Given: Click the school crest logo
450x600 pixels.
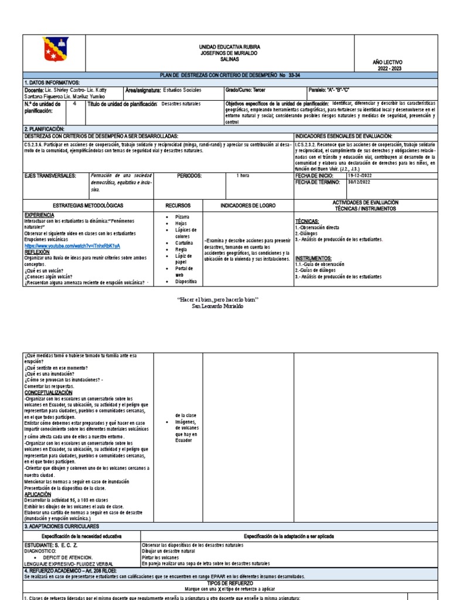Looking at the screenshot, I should [56, 50].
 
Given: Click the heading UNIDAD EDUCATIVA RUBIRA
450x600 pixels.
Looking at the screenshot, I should [221, 46].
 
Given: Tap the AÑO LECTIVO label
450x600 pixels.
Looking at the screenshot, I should [387, 62].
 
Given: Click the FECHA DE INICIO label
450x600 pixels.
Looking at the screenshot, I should [314, 175].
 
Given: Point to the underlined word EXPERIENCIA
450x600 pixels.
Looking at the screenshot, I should [39, 216].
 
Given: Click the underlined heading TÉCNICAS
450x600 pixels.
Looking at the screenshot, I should [307, 221].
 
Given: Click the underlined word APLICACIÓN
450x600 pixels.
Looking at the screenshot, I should [38, 494].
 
